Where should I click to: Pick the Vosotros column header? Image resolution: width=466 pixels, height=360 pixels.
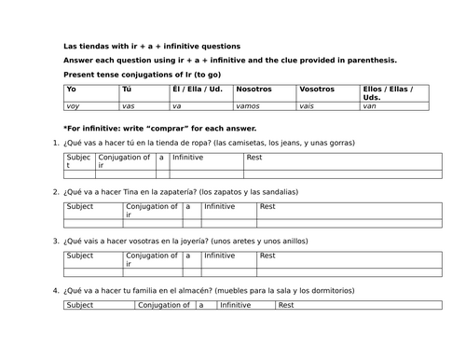pos(319,90)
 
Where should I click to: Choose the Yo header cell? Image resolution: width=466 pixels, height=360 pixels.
pos(71,90)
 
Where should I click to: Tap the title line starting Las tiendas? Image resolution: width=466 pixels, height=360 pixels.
pos(151,46)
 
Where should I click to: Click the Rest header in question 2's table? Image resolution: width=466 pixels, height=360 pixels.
pos(267,206)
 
